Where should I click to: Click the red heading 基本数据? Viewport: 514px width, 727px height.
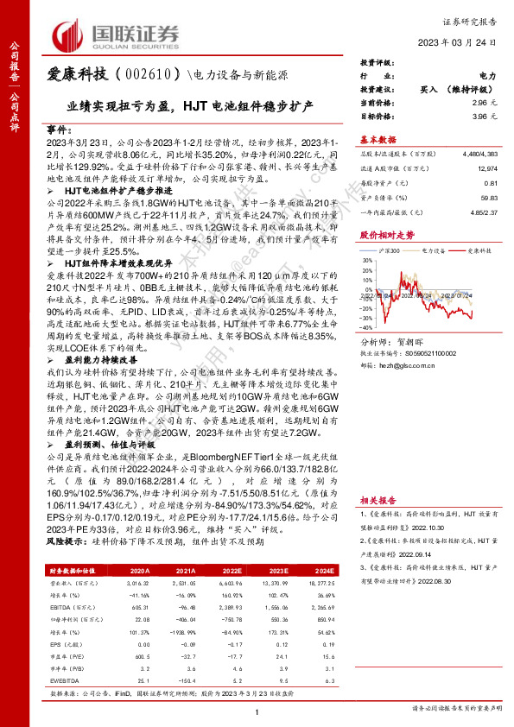(378, 138)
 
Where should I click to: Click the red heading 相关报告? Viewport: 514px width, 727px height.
(378, 500)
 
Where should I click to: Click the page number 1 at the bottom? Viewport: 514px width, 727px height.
(257, 711)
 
